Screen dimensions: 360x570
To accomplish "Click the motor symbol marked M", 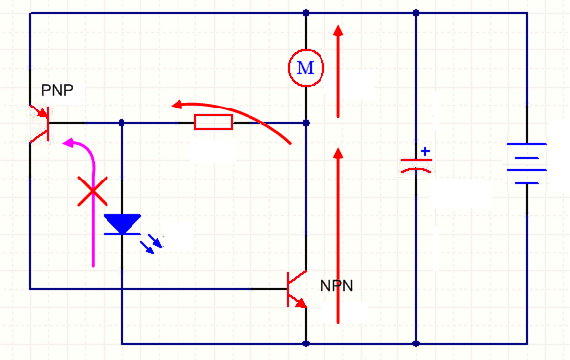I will point(306,67).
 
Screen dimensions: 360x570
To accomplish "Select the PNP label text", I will point(57,90).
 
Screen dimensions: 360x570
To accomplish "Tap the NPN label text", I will point(336,286).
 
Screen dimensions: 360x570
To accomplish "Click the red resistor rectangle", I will point(213,122).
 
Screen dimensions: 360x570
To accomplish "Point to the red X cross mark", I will point(93,191).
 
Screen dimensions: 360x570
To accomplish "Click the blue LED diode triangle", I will point(122,224).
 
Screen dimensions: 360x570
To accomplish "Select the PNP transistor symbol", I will point(39,123).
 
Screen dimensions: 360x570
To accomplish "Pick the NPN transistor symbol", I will point(296,288).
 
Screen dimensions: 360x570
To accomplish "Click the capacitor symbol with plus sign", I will point(416,165).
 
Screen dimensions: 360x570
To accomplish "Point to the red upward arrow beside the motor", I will point(339,69).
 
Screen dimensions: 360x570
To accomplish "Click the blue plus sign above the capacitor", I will point(425,152).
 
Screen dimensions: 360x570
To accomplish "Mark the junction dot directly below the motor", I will point(306,123).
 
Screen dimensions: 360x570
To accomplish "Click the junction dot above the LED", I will point(122,123).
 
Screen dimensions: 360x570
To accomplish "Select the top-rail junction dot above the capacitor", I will point(416,13).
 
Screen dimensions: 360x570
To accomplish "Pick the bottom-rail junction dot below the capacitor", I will point(416,344).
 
